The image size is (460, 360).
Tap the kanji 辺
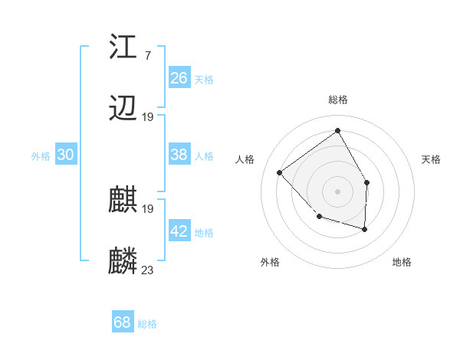click(x=123, y=110)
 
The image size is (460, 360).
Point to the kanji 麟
click(x=123, y=261)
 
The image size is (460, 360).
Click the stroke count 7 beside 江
click(x=147, y=55)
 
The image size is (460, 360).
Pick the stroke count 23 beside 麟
click(x=148, y=270)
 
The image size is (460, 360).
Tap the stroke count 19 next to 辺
click(x=148, y=117)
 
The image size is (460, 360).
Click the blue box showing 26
click(x=179, y=78)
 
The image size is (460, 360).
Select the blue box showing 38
click(x=179, y=155)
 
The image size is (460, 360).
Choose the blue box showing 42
click(x=179, y=231)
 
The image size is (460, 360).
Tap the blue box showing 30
click(x=66, y=155)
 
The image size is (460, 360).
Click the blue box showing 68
click(x=123, y=322)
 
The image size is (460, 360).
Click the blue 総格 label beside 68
click(x=147, y=324)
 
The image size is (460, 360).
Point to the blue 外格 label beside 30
click(x=41, y=156)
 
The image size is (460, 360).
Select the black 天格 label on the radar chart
click(x=431, y=159)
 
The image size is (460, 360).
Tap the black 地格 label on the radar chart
click(x=402, y=262)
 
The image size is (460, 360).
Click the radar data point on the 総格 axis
click(x=337, y=130)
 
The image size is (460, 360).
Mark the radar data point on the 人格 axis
click(x=280, y=172)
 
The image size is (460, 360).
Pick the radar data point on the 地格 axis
click(x=365, y=229)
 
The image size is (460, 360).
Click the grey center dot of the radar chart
click(x=337, y=191)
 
